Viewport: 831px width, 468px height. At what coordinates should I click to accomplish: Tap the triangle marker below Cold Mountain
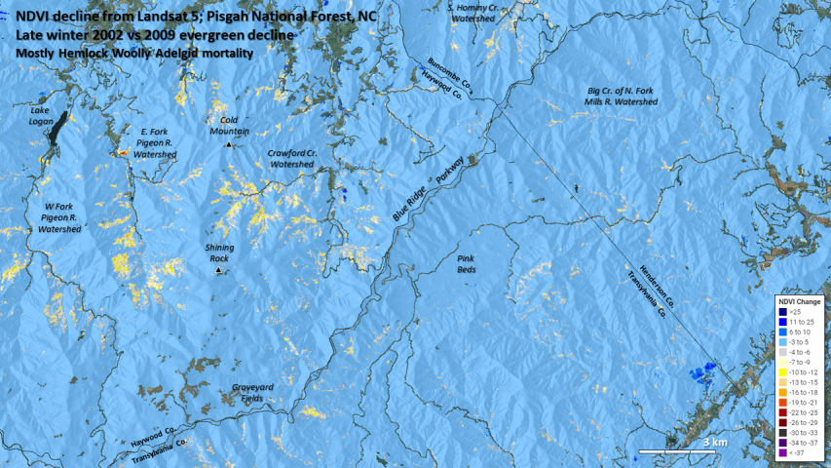point(229,144)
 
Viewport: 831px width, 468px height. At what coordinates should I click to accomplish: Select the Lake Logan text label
point(46,115)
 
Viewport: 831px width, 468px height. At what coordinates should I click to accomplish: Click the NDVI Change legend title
point(799,301)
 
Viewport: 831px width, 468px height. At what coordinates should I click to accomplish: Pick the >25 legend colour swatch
point(781,312)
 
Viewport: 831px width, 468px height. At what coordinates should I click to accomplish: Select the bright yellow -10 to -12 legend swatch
point(781,372)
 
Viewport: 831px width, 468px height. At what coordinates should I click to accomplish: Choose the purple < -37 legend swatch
point(781,452)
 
